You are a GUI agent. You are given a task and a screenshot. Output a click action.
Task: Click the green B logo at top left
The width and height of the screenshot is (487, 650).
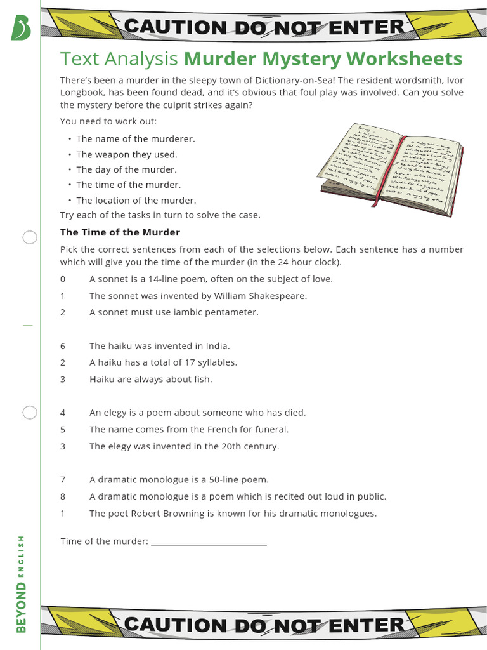coord(21,27)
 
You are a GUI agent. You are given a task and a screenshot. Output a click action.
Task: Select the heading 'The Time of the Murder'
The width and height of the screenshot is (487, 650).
coord(120,232)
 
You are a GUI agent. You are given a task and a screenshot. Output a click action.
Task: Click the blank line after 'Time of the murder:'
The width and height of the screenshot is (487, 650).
coord(209,542)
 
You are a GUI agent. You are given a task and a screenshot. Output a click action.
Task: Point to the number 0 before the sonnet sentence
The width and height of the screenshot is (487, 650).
coord(63,279)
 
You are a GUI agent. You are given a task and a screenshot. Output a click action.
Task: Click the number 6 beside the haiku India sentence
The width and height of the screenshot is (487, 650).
coord(63,346)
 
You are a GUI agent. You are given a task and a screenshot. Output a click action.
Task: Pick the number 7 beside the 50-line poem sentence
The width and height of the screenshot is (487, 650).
coord(63,480)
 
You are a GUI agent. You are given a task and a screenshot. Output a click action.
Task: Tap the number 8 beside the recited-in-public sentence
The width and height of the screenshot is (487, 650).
coord(63,496)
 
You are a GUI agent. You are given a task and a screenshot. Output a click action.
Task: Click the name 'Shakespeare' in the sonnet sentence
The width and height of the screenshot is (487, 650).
coord(275,296)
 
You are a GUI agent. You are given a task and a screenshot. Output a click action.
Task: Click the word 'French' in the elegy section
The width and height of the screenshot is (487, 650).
coord(231,430)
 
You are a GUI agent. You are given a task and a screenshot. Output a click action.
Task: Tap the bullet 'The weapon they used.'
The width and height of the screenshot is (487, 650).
coord(127,154)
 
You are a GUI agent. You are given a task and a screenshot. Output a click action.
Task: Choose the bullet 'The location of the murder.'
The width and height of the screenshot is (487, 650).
coord(136,201)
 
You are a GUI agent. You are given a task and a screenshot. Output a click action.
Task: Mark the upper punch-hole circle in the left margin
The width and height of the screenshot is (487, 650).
coord(30,238)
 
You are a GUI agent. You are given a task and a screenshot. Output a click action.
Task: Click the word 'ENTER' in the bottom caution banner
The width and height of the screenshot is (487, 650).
coord(366,624)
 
